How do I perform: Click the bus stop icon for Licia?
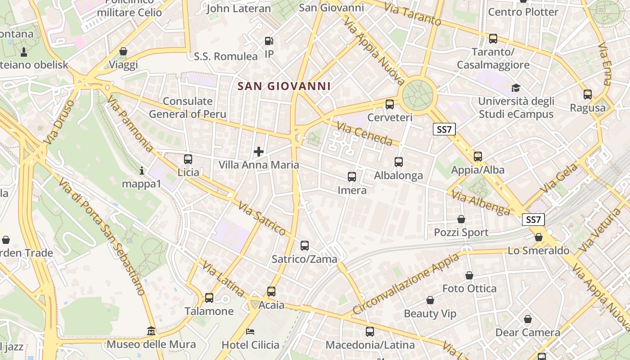point(188,159)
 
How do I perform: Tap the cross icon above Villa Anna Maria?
point(259,152)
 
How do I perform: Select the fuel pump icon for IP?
point(269,41)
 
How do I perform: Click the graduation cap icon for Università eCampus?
point(516,88)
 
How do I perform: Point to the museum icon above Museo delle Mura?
point(151,332)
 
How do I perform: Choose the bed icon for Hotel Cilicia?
point(251,332)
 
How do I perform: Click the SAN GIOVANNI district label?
point(284,86)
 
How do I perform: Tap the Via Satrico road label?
point(261,219)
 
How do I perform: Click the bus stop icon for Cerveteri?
point(390,104)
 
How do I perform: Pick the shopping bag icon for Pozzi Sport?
point(461,219)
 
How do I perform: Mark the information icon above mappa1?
point(142,171)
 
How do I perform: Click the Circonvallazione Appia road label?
point(406,284)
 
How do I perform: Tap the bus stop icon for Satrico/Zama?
point(305,246)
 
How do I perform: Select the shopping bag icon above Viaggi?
point(123,51)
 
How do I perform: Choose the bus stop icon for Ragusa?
point(588,94)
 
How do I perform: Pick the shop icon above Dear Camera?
point(528,319)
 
